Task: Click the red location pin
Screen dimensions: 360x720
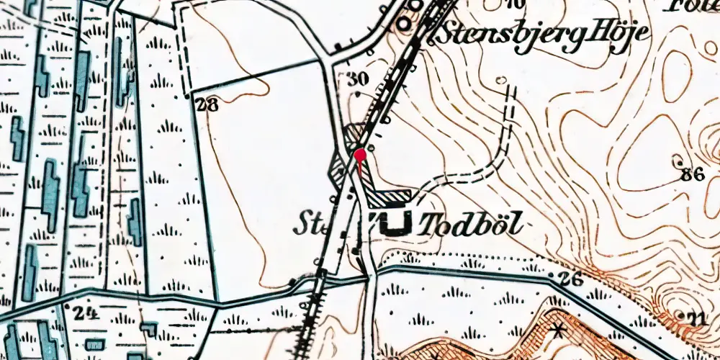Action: click(360, 154)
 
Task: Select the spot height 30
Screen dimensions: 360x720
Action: click(357, 79)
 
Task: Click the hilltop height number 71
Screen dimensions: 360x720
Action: click(695, 318)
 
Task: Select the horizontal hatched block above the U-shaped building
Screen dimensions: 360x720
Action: click(392, 196)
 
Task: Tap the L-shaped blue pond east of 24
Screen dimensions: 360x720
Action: click(148, 329)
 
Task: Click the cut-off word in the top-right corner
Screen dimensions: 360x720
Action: click(691, 7)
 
